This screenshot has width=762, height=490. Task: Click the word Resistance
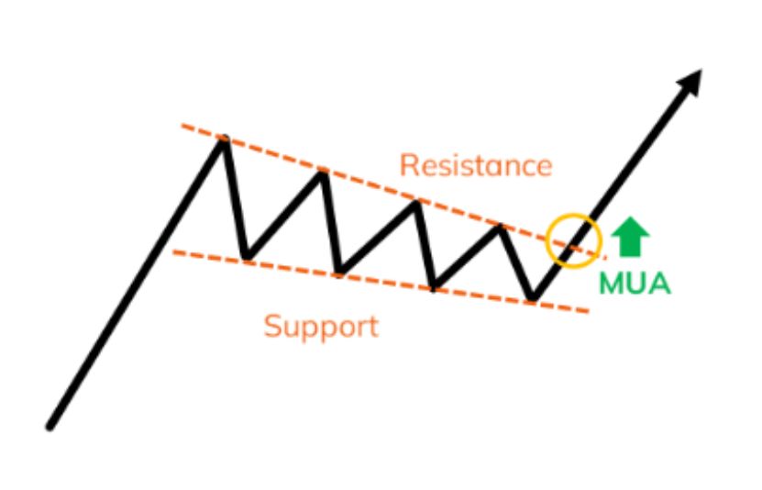coord(476,165)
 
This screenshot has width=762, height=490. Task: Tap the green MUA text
coord(635,283)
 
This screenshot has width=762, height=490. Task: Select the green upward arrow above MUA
coord(630,236)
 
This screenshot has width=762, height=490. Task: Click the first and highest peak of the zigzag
coord(224,139)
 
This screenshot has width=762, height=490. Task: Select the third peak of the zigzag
coord(416,202)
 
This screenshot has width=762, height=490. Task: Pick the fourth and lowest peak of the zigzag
coord(500,227)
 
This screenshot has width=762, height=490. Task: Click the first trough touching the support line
coord(247,256)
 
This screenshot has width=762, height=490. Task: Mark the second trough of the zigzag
coord(339,271)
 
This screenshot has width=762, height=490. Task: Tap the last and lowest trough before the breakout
coord(533,297)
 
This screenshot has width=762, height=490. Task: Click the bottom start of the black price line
coord(50,428)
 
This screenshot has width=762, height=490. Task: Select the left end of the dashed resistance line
coord(182,126)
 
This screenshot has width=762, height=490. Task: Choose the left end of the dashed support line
coord(174,251)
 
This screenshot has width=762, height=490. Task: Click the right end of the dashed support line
coord(588,311)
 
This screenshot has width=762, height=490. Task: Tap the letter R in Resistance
coord(408,165)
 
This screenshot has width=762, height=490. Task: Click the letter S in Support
coord(271,326)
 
